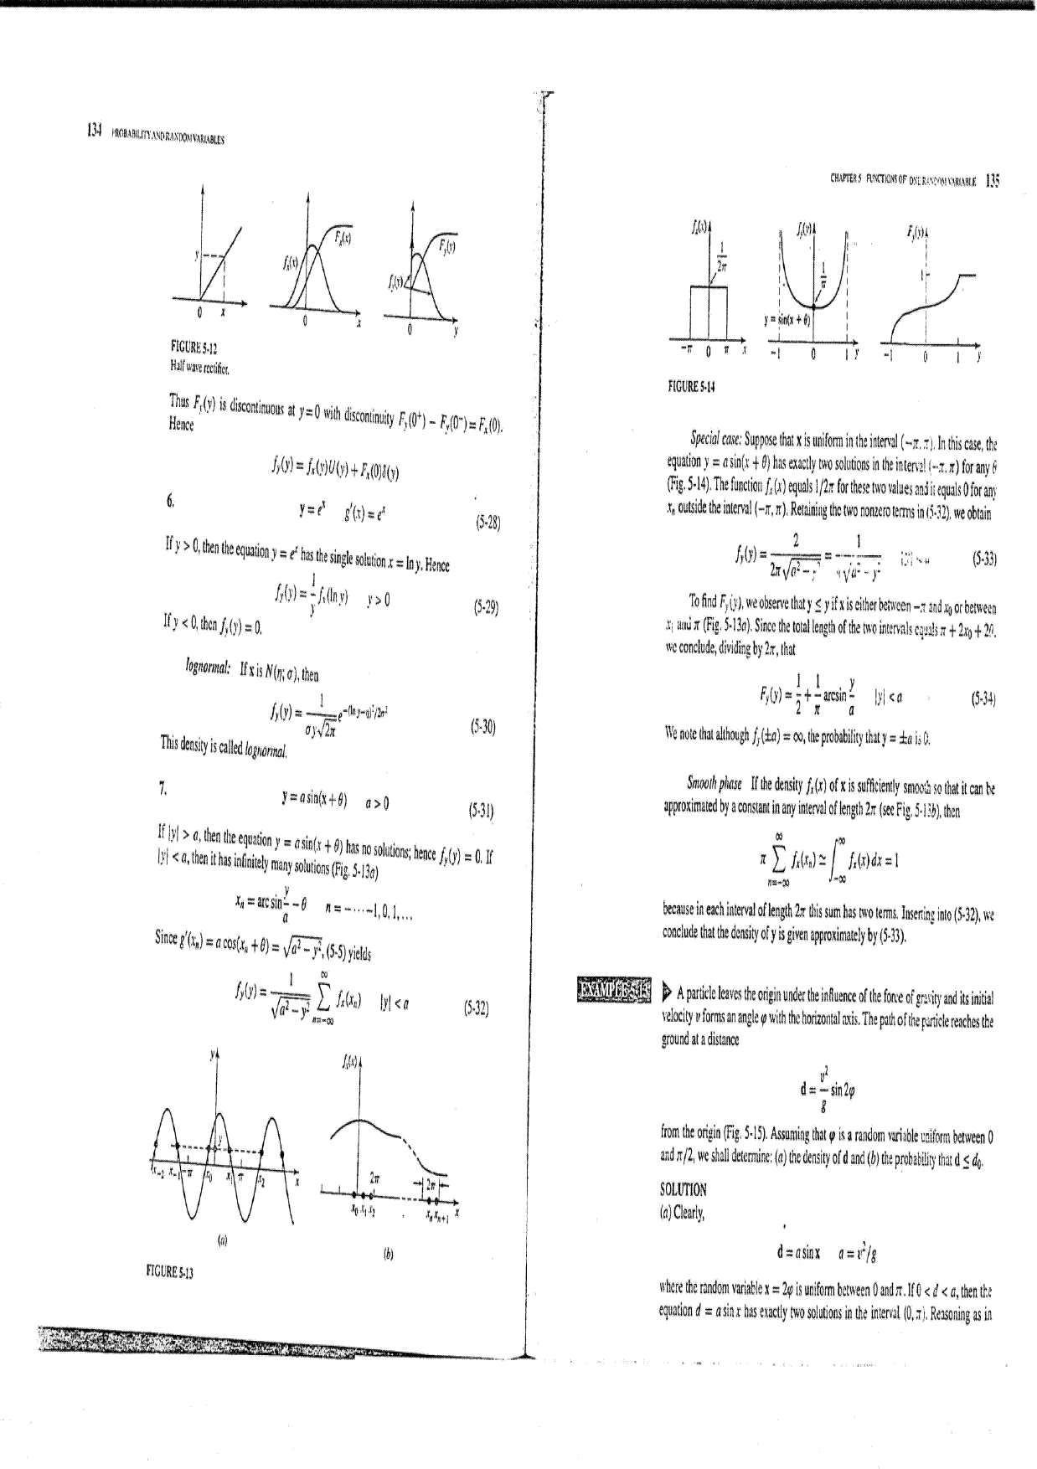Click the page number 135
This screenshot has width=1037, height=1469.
pos(993,178)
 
